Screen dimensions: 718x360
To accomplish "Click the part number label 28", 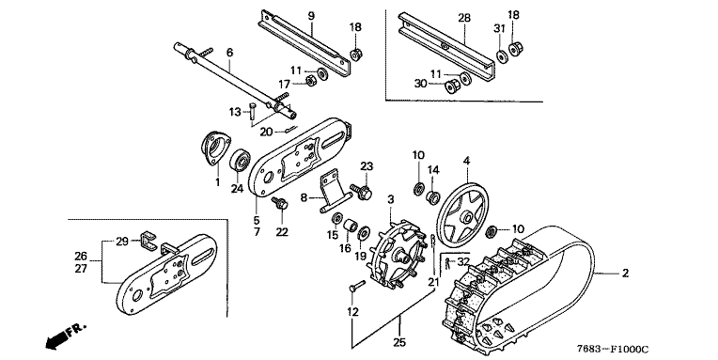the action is pos(464,18).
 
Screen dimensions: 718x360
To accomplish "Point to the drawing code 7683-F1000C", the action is pos(612,349).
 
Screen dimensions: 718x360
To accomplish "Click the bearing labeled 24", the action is pos(241,162).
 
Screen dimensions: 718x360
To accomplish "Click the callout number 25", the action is pos(399,342).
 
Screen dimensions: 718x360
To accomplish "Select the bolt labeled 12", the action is pos(356,287).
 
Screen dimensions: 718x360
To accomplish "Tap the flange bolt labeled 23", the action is pos(362,191).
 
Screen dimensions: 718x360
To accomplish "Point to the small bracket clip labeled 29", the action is pos(148,241).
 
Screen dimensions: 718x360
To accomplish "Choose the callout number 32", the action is pos(463,262).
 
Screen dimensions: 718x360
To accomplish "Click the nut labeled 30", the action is pos(452,86).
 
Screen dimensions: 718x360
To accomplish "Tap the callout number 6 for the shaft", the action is pos(229,53).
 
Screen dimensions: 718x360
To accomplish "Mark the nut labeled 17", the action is pos(310,82).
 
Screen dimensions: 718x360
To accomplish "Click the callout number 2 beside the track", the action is pos(625,274).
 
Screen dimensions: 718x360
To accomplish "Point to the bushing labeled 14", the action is pos(433,198).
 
